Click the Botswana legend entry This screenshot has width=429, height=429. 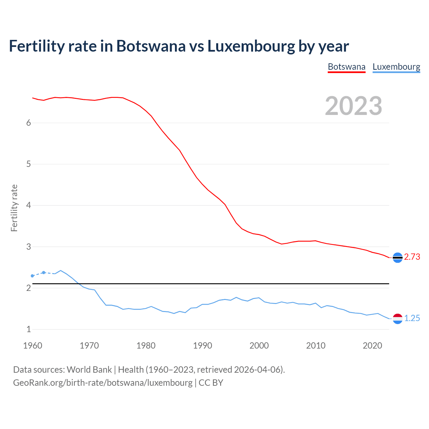pyautogui.click(x=346, y=67)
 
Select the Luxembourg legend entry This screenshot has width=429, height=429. pyautogui.click(x=396, y=67)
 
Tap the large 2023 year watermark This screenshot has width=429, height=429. pyautogui.click(x=354, y=106)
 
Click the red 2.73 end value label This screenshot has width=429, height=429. pyautogui.click(x=412, y=257)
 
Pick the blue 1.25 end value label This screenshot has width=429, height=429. pyautogui.click(x=412, y=318)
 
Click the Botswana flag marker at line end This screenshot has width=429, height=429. pyautogui.click(x=397, y=257)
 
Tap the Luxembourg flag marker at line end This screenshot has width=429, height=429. pyautogui.click(x=397, y=319)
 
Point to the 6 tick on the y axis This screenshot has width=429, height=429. pyautogui.click(x=28, y=123)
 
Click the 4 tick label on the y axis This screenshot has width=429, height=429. pyautogui.click(x=28, y=205)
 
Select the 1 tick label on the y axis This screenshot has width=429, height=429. pyautogui.click(x=28, y=329)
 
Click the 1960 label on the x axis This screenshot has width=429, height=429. pyautogui.click(x=33, y=346)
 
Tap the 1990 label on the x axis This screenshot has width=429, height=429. pyautogui.click(x=202, y=346)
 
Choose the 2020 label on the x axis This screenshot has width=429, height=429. pyautogui.click(x=372, y=346)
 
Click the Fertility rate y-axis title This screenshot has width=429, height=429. pyautogui.click(x=14, y=208)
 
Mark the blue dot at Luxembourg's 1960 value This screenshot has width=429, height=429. pyautogui.click(x=33, y=276)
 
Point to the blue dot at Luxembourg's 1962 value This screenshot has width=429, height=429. pyautogui.click(x=44, y=272)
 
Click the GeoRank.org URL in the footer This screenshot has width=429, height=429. pyautogui.click(x=103, y=382)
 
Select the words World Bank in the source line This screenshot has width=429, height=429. pyautogui.click(x=89, y=369)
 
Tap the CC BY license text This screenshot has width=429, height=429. pyautogui.click(x=211, y=382)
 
